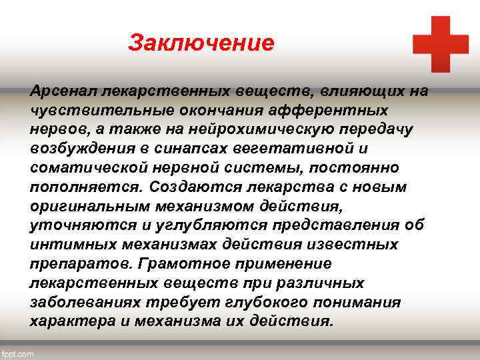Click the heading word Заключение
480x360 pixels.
pyautogui.click(x=201, y=43)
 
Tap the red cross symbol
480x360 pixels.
pyautogui.click(x=440, y=44)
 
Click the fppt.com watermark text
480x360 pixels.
pyautogui.click(x=18, y=354)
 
